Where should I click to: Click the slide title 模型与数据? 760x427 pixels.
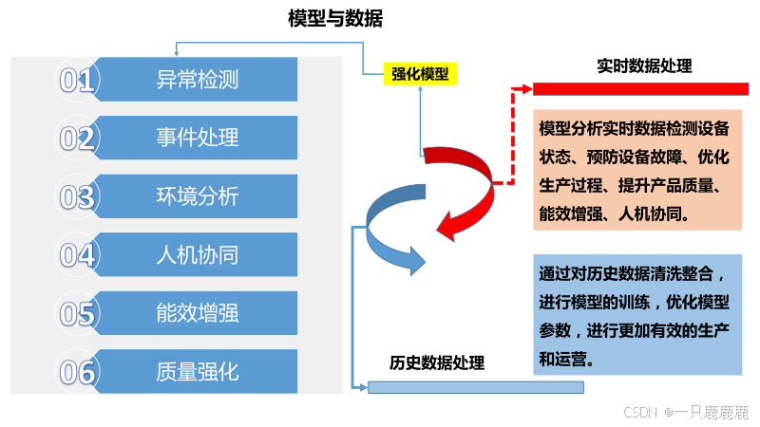[x=335, y=18]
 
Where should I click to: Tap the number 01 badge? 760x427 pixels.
[x=78, y=81]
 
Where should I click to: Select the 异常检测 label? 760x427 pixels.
[x=197, y=80]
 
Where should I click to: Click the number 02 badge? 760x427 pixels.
[x=78, y=139]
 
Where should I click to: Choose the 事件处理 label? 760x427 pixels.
[x=197, y=138]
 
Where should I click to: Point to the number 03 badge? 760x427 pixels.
[x=78, y=197]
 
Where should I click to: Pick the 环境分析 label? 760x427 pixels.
[x=197, y=196]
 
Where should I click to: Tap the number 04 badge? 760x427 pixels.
[x=78, y=255]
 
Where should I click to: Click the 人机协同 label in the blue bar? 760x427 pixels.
[x=197, y=254]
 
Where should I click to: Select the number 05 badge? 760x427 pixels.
[x=78, y=314]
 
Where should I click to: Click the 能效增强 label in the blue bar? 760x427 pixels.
[x=197, y=313]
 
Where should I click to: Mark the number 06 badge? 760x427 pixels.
[x=78, y=372]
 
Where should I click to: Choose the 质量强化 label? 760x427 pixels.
[x=197, y=371]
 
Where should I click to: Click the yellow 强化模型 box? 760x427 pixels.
[x=420, y=74]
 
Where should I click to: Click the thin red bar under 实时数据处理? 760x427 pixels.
[x=641, y=89]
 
